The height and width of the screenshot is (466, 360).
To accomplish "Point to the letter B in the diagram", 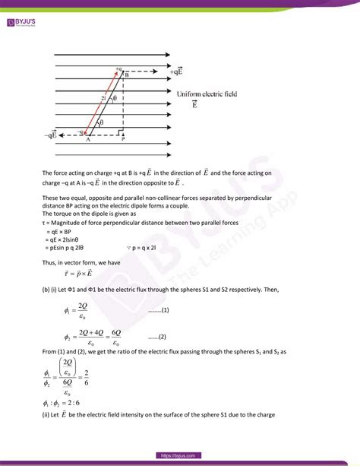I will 126,75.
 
